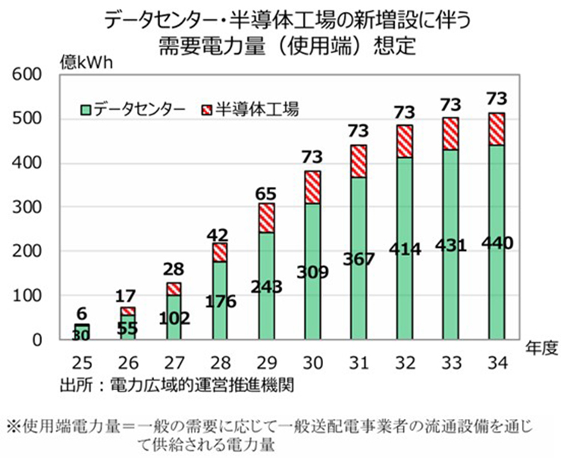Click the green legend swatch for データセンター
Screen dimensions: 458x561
(87, 110)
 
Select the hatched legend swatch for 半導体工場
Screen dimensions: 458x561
(207, 110)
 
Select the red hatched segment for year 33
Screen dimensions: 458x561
(450, 134)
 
